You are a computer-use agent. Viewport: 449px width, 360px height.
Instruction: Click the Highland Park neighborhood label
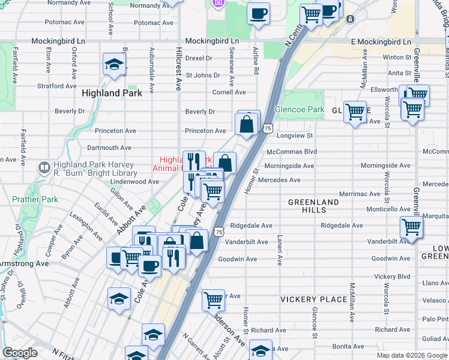click(x=112, y=93)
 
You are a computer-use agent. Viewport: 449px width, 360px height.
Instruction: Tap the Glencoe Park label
click(x=299, y=110)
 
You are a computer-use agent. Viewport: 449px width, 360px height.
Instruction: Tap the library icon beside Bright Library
click(x=43, y=168)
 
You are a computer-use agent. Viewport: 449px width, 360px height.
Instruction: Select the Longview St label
click(x=294, y=136)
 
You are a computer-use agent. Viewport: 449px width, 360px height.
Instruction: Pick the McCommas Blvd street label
click(x=292, y=152)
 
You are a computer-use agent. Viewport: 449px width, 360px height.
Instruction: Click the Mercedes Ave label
click(x=279, y=180)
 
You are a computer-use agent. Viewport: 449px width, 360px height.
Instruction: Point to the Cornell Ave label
click(x=229, y=92)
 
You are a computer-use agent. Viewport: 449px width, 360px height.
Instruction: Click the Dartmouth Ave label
click(x=109, y=148)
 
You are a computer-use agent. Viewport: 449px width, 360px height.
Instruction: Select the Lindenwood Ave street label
click(x=135, y=181)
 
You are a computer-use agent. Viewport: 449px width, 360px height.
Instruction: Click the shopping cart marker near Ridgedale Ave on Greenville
click(x=412, y=227)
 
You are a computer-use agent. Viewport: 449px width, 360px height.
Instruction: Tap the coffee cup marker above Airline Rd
click(x=258, y=13)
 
